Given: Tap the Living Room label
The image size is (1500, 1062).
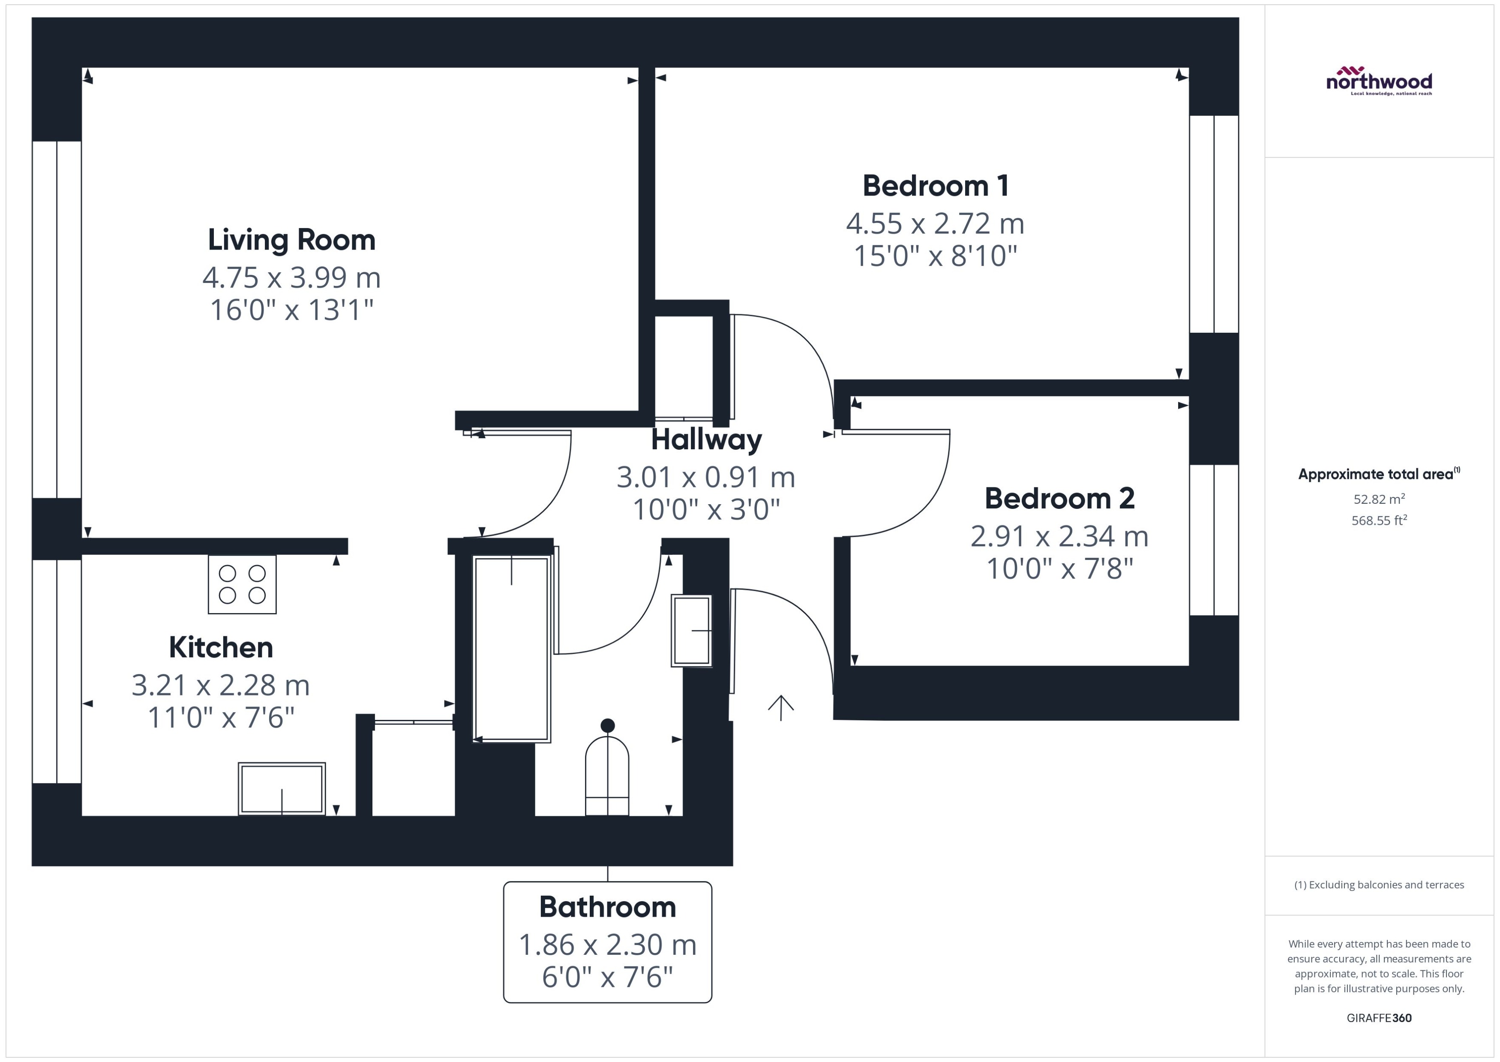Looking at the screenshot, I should coord(291,240).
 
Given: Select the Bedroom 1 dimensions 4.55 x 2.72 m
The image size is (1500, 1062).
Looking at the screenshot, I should coord(935,224).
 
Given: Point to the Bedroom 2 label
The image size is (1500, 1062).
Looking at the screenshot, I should coord(1059,498).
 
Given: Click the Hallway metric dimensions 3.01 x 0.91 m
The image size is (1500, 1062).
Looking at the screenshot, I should coord(706,477).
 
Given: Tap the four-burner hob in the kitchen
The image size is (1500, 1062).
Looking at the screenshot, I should coord(242,584).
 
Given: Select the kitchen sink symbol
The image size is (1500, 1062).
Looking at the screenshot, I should coord(282,788).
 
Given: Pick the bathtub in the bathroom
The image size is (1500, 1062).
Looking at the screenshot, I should coord(511,649).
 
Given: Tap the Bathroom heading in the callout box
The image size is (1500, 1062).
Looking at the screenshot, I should coord(607,907).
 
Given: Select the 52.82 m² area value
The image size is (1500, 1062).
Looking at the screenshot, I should coord(1379,499).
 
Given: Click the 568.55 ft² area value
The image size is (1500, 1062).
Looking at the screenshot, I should coord(1379,520).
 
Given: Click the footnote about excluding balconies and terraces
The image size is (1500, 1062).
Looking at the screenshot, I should coord(1379,885).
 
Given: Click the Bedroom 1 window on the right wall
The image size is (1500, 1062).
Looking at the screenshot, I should coord(1214,224).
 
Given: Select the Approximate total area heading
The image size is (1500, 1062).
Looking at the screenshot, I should coord(1378,474).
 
